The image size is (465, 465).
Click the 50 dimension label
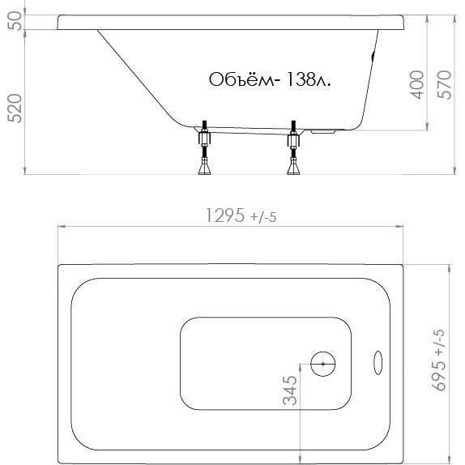pos(15,21)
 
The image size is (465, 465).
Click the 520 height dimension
pos(15,109)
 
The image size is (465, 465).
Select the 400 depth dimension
pos(416,84)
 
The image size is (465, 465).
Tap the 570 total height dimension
pos(445,84)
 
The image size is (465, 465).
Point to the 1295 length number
pos(225,215)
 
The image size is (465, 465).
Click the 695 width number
pos(438,376)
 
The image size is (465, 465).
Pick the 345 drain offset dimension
pos(290,390)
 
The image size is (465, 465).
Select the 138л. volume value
pos(308,79)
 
